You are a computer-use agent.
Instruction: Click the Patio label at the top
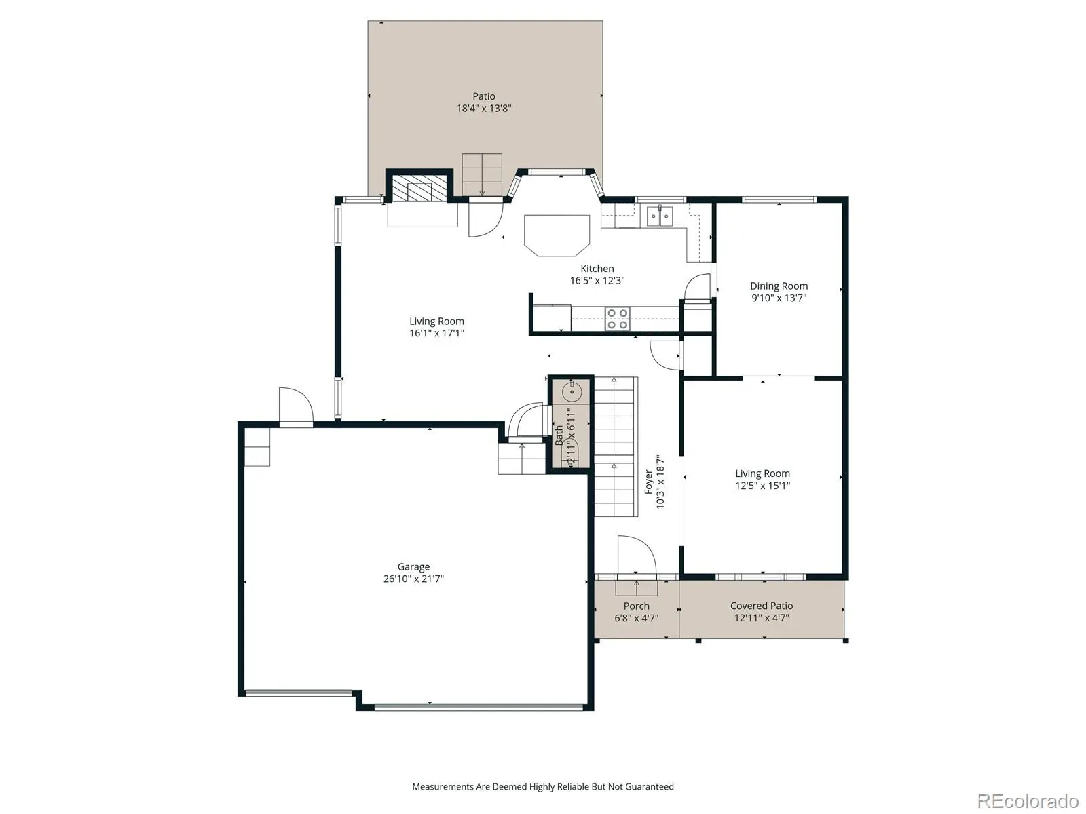[x=483, y=96]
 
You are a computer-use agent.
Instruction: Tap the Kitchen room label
[x=597, y=269]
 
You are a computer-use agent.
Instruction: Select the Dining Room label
[x=779, y=286]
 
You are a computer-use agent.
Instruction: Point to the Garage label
[x=413, y=567]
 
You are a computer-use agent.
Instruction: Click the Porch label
[x=636, y=606]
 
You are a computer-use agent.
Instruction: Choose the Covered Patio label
[x=761, y=606]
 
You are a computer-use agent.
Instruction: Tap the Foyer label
[x=648, y=482]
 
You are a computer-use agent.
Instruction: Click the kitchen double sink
[x=659, y=216]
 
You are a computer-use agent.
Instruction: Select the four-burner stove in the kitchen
[x=617, y=319]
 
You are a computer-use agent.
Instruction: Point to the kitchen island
[x=557, y=235]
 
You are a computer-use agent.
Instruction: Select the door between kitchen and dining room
[x=697, y=287]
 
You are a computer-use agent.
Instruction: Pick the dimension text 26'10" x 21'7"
[x=413, y=579]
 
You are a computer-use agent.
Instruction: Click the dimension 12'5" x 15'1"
[x=762, y=485]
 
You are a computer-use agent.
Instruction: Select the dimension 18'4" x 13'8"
[x=483, y=109]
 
